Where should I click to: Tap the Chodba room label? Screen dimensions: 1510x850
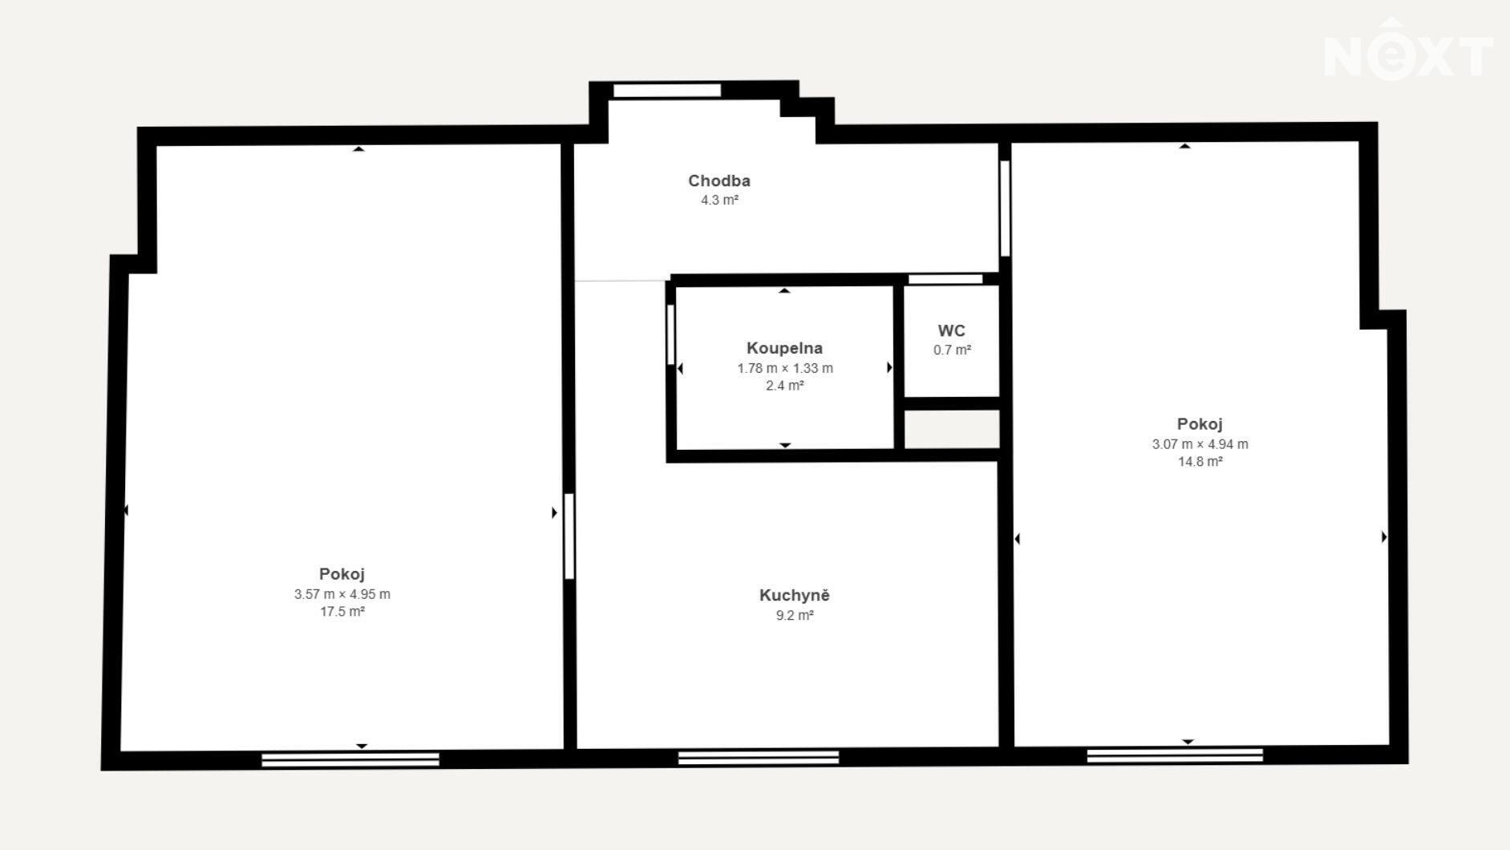click(x=719, y=181)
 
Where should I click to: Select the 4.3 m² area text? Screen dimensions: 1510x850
click(x=719, y=200)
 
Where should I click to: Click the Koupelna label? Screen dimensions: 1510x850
click(x=784, y=348)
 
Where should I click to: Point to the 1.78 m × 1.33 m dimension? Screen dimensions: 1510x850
click(x=785, y=369)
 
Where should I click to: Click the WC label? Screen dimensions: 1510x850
click(x=952, y=330)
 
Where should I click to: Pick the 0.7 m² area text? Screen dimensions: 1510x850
click(x=952, y=350)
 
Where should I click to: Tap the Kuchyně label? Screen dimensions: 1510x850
click(x=795, y=595)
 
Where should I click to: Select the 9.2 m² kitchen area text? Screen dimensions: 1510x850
click(x=795, y=616)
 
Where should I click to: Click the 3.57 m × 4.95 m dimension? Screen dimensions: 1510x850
click(x=342, y=594)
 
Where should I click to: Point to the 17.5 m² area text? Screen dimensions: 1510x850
click(x=342, y=612)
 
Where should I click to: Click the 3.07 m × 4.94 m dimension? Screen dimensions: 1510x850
click(x=1200, y=444)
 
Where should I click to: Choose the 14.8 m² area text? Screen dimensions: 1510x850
click(x=1200, y=462)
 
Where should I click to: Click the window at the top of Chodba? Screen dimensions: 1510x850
click(x=667, y=91)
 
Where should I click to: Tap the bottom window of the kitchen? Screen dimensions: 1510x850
click(x=759, y=758)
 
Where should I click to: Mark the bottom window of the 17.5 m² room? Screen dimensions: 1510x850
click(x=350, y=759)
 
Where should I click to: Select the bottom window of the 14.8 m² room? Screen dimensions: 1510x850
click(x=1175, y=755)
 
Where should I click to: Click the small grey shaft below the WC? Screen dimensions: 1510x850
click(x=952, y=430)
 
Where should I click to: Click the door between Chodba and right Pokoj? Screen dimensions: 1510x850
click(x=1005, y=208)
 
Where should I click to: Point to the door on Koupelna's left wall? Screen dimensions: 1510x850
click(x=670, y=334)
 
